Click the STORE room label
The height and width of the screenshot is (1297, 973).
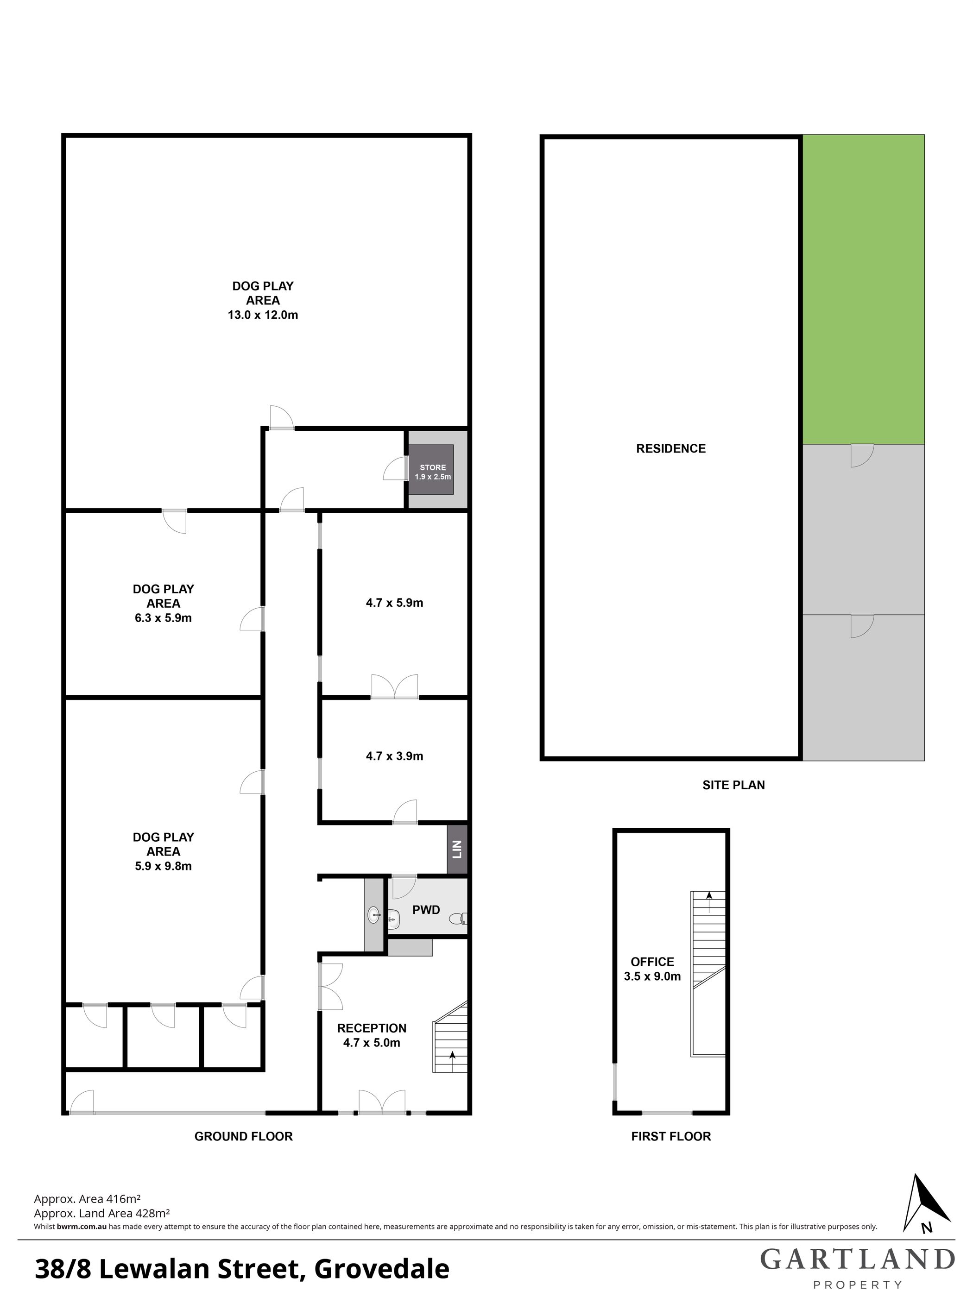pos(433,467)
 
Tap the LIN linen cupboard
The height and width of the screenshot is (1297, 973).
pos(457,850)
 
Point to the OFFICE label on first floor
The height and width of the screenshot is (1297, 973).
pos(652,962)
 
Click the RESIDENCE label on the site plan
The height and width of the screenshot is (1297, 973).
pos(671,448)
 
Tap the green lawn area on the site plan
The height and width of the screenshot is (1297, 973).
pos(863,290)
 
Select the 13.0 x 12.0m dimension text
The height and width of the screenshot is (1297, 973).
pos(263,315)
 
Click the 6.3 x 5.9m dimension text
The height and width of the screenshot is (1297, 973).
pos(163,617)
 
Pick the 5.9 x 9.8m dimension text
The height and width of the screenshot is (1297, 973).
pos(163,866)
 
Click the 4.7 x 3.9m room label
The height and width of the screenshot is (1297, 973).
pos(394,756)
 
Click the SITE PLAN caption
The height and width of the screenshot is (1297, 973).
pos(734,785)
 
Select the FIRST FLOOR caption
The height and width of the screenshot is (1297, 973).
pos(671,1136)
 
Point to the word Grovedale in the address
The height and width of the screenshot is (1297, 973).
pos(382,1270)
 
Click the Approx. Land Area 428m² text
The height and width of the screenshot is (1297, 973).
pos(102,1213)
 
